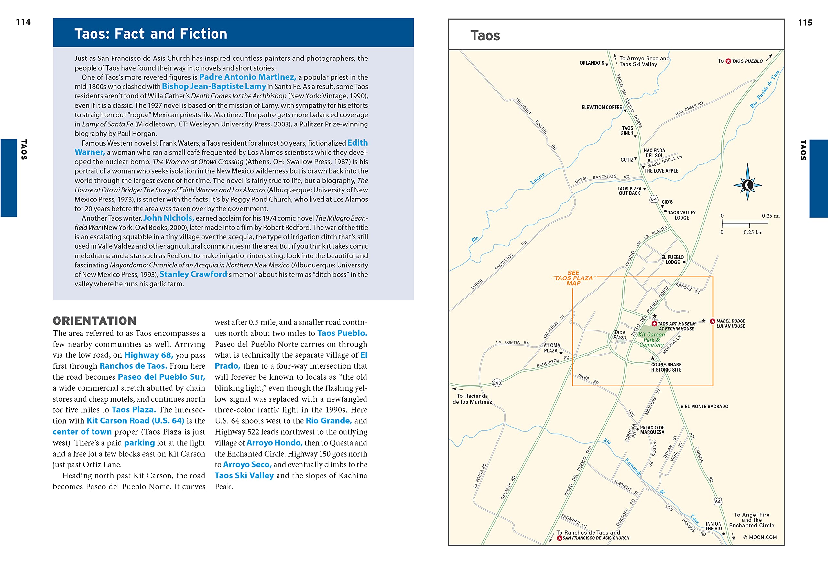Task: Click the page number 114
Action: [x=23, y=22]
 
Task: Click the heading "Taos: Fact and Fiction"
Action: [x=151, y=34]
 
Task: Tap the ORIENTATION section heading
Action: [x=94, y=321]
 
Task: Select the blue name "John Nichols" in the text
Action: [x=169, y=218]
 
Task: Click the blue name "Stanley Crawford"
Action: [x=193, y=274]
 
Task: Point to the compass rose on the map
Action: [x=747, y=185]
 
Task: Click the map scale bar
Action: [x=745, y=224]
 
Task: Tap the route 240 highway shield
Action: [x=497, y=383]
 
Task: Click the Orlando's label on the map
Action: [x=592, y=63]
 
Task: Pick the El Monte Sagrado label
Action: [x=706, y=407]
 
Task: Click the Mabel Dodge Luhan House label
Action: [x=730, y=323]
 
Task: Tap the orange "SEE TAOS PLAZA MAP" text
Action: [x=573, y=278]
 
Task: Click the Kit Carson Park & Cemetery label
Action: [x=651, y=340]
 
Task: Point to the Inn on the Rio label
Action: [x=713, y=526]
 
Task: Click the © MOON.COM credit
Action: [x=760, y=537]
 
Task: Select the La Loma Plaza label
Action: [x=550, y=348]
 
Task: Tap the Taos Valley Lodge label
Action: [x=681, y=215]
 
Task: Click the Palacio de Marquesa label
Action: [x=652, y=430]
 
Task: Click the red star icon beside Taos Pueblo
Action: [x=728, y=61]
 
